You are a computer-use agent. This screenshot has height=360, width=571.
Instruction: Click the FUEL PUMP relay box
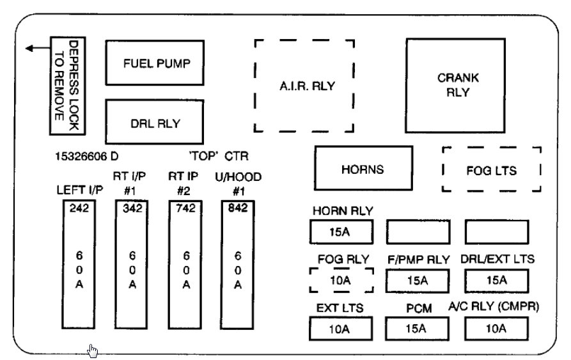[157, 63]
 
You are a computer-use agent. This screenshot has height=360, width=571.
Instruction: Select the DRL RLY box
[157, 121]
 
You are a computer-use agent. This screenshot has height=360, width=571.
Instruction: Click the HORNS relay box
[363, 169]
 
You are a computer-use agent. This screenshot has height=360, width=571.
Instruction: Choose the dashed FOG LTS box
[491, 170]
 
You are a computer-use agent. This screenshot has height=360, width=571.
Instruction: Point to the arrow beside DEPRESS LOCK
[35, 49]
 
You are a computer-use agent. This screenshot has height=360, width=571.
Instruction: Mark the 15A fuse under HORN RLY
[340, 231]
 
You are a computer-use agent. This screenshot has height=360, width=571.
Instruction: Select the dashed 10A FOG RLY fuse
[340, 280]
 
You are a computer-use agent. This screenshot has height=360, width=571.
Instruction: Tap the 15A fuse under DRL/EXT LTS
[496, 280]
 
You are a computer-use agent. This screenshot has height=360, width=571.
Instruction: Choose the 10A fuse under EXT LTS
[340, 329]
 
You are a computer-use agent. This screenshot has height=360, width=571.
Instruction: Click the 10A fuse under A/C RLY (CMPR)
[496, 329]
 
